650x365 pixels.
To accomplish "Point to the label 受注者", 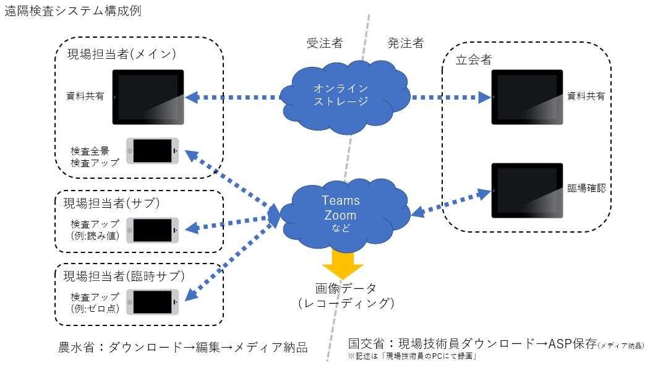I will pos(325,43).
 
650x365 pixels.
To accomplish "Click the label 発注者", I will pos(406,43).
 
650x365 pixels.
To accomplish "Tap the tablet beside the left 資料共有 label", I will pos(148,97).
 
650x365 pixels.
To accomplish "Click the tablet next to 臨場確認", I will pos(527,191).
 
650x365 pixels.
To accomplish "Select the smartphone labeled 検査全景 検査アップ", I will pos(153,151).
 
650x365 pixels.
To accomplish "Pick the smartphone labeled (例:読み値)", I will pos(153,230).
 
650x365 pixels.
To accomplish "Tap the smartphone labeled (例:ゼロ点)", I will pos(153,303).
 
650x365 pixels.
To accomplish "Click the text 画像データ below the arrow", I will pos(346,289).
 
